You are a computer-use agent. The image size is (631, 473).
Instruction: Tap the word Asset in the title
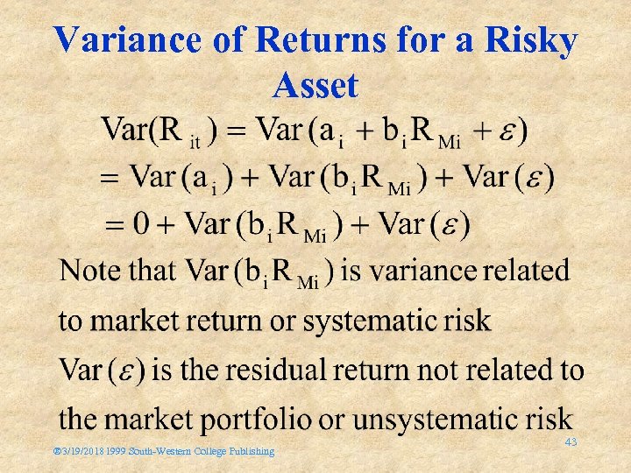coord(315,86)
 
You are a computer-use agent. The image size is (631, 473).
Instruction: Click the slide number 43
coord(571,441)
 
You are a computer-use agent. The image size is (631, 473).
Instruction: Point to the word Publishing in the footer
coord(251,452)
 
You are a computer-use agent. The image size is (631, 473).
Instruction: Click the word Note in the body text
coord(89,271)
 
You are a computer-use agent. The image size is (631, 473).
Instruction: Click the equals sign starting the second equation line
coord(109,178)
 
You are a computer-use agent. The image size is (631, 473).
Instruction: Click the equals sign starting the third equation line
coord(115,224)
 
